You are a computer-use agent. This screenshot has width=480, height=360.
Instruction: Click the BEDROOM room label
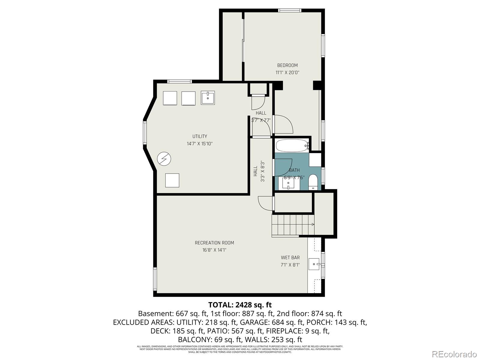(x=287, y=65)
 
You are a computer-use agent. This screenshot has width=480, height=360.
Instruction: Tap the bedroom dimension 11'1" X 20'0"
(x=287, y=73)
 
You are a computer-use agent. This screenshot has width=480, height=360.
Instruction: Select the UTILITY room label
(x=199, y=136)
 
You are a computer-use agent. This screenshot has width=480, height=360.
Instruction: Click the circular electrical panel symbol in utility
(x=164, y=158)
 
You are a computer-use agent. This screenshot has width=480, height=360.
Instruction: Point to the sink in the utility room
(x=208, y=98)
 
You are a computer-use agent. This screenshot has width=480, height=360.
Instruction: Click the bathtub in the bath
(x=292, y=146)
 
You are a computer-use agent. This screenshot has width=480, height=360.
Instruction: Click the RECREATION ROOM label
(x=214, y=243)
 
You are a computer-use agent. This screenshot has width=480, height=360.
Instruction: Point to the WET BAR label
(x=290, y=258)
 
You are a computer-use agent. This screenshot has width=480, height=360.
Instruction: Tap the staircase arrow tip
(x=313, y=224)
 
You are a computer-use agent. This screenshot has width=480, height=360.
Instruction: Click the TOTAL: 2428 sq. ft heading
(x=240, y=305)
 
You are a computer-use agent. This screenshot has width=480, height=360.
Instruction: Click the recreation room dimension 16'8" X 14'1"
(x=214, y=250)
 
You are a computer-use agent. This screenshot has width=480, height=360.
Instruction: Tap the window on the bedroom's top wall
(x=289, y=10)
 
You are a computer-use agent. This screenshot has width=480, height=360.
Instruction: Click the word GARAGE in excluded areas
(x=259, y=322)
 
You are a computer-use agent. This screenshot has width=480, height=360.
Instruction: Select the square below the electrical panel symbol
(x=172, y=180)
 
